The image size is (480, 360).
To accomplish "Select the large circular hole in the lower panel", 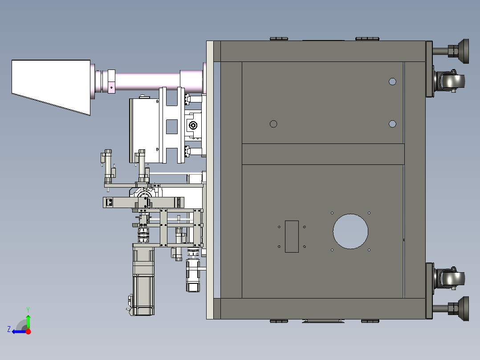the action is (x=350, y=231).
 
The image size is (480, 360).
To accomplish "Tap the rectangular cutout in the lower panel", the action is (x=292, y=237).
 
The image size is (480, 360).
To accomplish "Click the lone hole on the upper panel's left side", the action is (x=273, y=124).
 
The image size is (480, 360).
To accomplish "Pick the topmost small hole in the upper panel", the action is (x=392, y=82).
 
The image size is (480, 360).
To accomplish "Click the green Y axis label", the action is (x=28, y=310).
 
